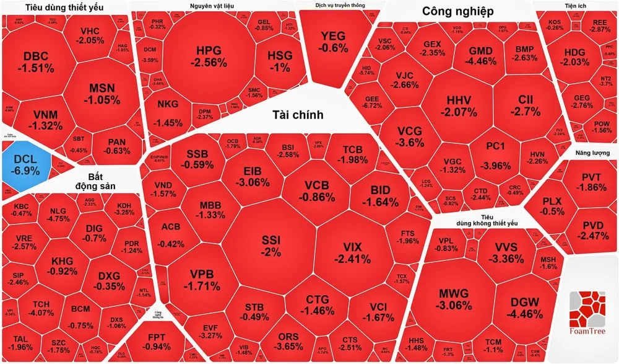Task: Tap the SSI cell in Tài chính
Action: pos(271,245)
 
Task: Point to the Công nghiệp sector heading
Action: pos(457,11)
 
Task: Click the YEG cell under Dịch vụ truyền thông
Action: pos(334,41)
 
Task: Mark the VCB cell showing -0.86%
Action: pos(319,190)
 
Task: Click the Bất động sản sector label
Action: pos(98,179)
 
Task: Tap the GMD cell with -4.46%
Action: pos(481,55)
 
